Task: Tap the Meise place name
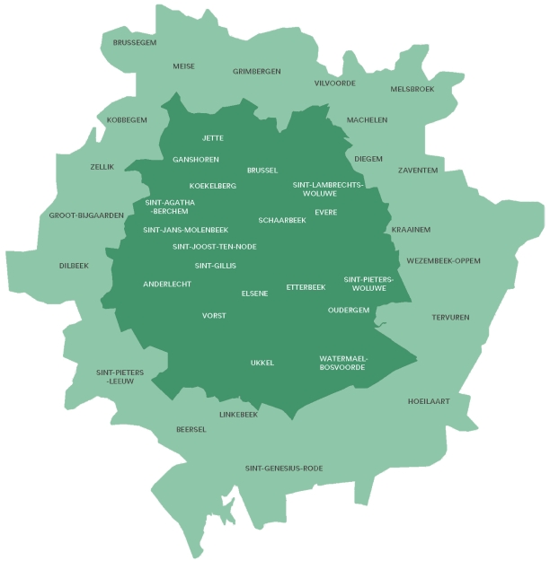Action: click(x=183, y=66)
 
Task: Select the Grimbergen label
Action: click(x=257, y=71)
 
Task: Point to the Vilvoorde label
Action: click(x=335, y=83)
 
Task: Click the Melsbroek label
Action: click(x=412, y=89)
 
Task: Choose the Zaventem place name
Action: click(x=418, y=170)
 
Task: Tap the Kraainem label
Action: click(x=411, y=230)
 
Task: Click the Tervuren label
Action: click(x=450, y=317)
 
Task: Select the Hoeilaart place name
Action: click(x=429, y=401)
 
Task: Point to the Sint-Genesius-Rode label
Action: click(x=284, y=468)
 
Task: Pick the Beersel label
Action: click(x=191, y=429)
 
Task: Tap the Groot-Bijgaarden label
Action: click(x=86, y=215)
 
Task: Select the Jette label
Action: click(x=213, y=137)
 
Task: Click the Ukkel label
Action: click(x=262, y=363)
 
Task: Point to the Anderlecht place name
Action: click(x=167, y=284)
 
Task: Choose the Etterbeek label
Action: click(x=306, y=287)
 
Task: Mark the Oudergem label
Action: click(x=349, y=310)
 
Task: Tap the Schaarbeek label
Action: click(x=282, y=220)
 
